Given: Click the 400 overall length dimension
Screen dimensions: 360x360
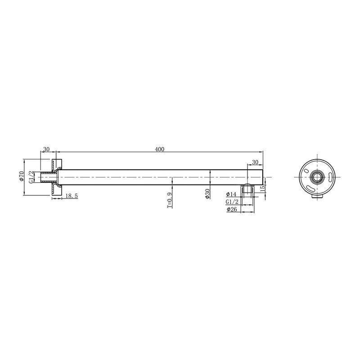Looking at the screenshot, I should coord(159,149).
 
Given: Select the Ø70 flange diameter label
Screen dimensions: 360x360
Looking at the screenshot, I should coord(21,176).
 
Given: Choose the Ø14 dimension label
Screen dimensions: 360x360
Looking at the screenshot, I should coord(231,194).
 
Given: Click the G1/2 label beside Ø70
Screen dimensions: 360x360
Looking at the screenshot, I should coord(31,176).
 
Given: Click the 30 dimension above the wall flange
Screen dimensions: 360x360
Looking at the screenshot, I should coord(46,149).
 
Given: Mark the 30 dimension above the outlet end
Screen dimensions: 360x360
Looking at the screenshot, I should coord(255,162).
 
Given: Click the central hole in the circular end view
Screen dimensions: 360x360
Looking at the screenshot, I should coord(318,177).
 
